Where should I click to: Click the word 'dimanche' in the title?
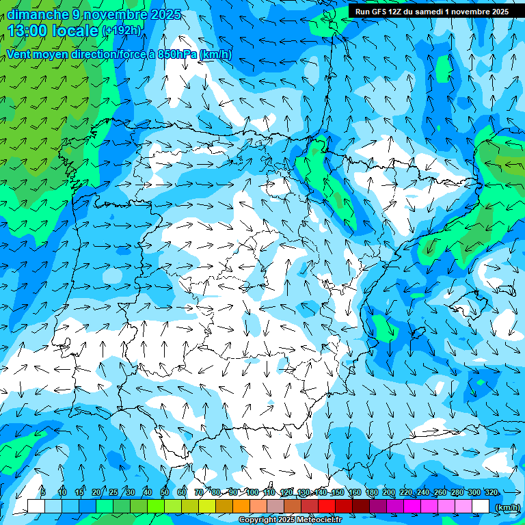(38, 14)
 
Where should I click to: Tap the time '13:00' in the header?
(30, 31)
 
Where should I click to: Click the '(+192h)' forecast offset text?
(122, 31)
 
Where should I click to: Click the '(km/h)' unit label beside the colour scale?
(507, 507)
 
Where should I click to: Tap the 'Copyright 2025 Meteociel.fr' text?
(290, 520)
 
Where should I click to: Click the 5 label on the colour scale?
(43, 492)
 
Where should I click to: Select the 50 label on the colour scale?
(165, 492)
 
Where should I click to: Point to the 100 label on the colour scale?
(252, 492)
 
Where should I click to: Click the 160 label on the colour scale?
(355, 492)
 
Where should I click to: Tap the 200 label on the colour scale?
(389, 492)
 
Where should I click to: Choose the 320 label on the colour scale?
(491, 492)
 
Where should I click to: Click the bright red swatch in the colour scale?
(327, 507)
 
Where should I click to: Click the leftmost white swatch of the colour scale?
(36, 507)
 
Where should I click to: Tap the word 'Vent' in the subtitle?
(19, 55)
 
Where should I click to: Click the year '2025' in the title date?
(165, 14)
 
